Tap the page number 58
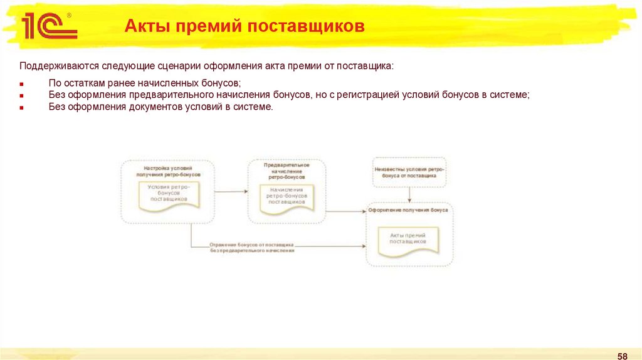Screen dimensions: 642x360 (x=623, y=356)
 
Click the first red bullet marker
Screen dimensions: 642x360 (x=21, y=83)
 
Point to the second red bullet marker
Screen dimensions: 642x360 (x=21, y=95)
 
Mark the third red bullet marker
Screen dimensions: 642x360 (x=21, y=107)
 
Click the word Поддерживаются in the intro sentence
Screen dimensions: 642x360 (x=55, y=66)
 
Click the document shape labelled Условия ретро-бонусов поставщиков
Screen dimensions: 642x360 (x=169, y=195)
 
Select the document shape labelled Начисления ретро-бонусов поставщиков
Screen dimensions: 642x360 (x=287, y=196)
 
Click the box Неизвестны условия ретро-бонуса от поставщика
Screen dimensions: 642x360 (x=409, y=173)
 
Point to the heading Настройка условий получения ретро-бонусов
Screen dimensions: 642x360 (x=168, y=171)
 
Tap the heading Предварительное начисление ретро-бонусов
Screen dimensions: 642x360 (x=287, y=171)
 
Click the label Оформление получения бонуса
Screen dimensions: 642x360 (x=408, y=211)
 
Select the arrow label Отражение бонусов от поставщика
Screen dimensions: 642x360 (x=253, y=246)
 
